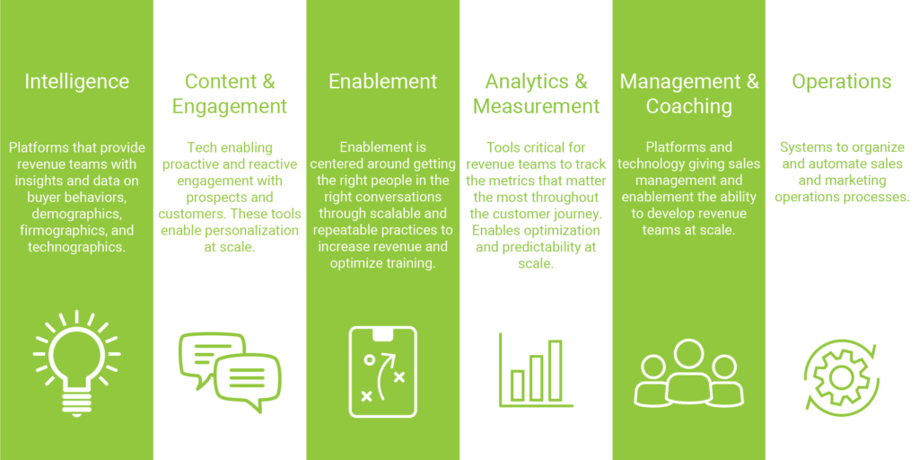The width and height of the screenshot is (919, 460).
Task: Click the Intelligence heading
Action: coord(76,82)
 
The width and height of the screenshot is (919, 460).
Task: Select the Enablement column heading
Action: coord(383,82)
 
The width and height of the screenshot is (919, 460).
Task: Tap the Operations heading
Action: coord(842,82)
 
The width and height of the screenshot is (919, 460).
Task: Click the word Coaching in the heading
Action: coord(689,106)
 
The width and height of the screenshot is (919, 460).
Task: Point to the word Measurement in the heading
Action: coord(536,106)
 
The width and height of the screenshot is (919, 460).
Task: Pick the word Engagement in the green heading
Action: coord(230,106)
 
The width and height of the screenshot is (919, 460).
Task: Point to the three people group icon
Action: coord(688,372)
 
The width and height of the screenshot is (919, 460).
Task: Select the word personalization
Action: coord(257,229)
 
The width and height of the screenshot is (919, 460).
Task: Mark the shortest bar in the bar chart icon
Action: coord(517,384)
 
